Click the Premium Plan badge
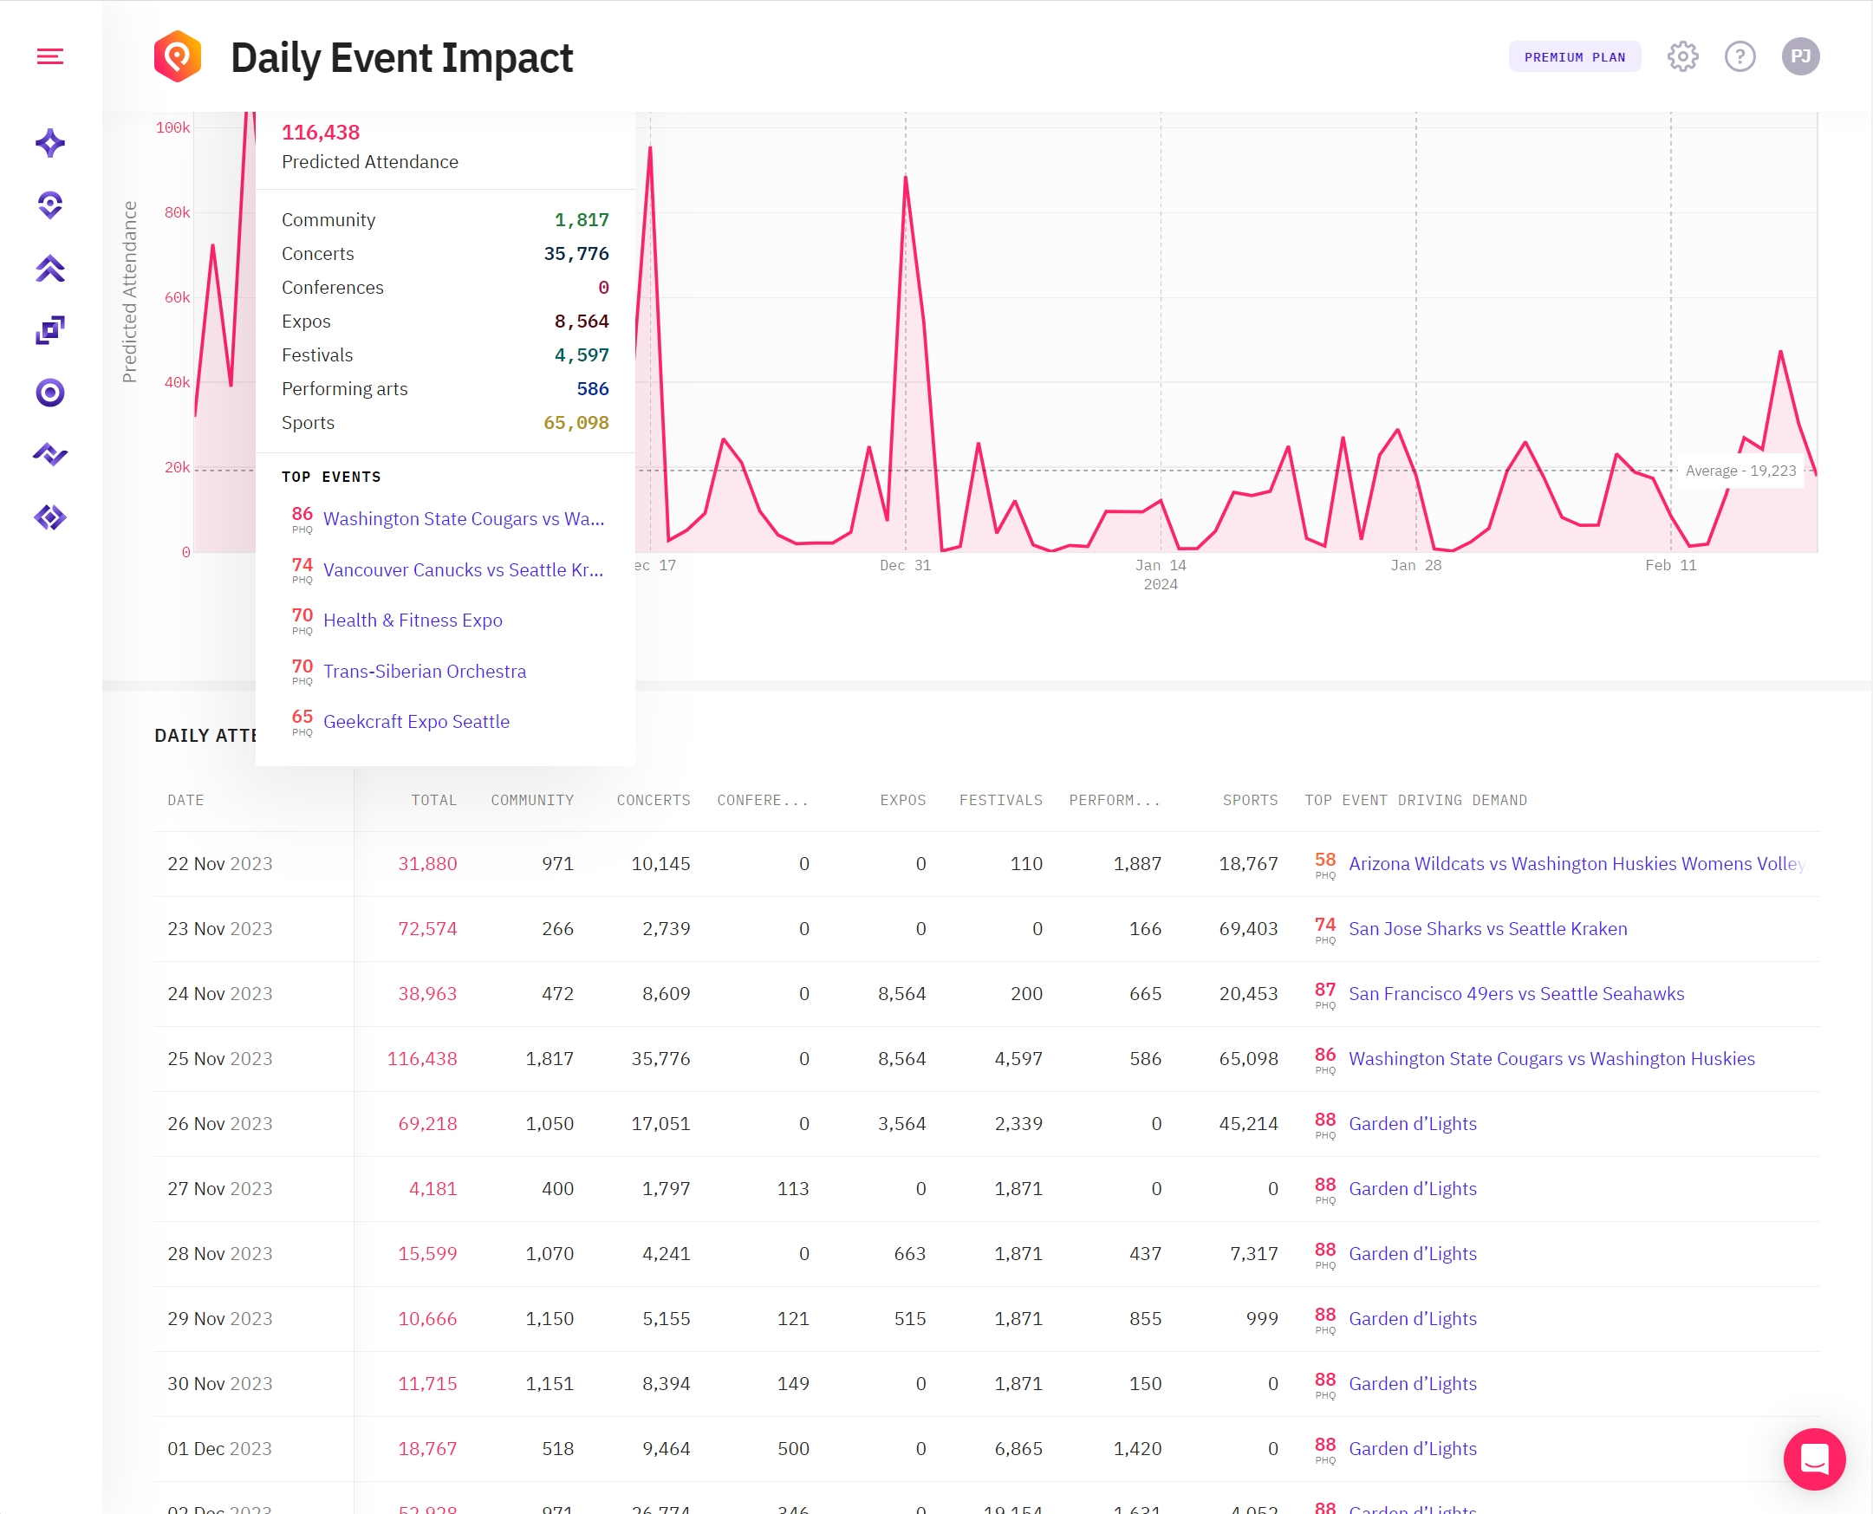click(x=1574, y=56)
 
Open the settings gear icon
click(x=1682, y=56)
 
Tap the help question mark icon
click(x=1740, y=56)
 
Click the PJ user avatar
click(x=1799, y=56)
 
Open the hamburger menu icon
click(x=49, y=56)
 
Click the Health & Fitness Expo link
click(x=413, y=621)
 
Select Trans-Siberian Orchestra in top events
click(x=425, y=672)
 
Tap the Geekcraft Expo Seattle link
click(x=416, y=722)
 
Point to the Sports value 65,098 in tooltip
click(x=576, y=423)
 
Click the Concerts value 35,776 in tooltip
click(x=576, y=254)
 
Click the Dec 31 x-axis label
click(x=905, y=566)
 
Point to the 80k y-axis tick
click(x=177, y=213)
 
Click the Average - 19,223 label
click(x=1740, y=471)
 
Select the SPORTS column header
click(x=1250, y=801)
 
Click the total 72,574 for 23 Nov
click(x=427, y=929)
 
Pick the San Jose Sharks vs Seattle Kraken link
click(x=1486, y=929)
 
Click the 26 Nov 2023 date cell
click(x=220, y=1124)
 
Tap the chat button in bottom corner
click(x=1814, y=1459)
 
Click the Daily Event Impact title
click(x=401, y=58)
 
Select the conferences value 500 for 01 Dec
click(x=793, y=1449)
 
